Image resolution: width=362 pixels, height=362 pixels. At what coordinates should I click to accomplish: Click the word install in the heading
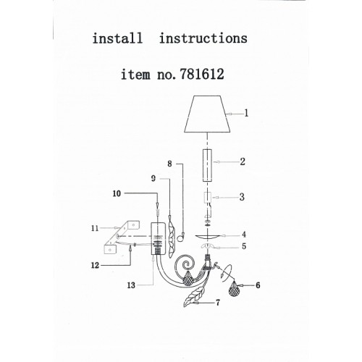point(117,38)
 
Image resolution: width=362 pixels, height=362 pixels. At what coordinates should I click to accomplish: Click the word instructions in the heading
point(203,38)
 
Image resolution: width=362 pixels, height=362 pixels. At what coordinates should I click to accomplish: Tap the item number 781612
point(202,74)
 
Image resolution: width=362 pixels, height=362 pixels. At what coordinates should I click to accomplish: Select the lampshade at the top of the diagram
point(207,114)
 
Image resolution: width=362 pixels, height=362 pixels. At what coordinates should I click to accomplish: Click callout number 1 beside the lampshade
point(246,113)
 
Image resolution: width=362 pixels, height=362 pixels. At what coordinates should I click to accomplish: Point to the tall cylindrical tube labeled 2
point(207,165)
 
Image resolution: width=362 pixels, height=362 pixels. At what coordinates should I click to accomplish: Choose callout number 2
point(243,161)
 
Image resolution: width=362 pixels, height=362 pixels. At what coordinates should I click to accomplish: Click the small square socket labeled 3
point(207,198)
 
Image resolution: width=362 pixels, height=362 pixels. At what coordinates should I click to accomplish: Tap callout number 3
point(242,197)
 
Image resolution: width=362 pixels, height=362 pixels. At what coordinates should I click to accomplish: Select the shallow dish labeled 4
point(207,237)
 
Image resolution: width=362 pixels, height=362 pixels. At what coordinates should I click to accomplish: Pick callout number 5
point(244,246)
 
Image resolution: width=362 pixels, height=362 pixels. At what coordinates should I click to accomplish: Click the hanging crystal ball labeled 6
point(234,289)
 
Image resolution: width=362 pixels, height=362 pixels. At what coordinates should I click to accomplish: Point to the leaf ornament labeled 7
point(193,297)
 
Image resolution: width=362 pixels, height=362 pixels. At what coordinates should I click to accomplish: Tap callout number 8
point(169,164)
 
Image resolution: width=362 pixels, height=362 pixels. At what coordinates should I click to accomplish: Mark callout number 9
point(153,179)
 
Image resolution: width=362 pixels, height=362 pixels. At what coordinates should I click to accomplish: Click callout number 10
point(117,193)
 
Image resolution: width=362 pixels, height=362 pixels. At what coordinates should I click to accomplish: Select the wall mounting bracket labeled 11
point(122,237)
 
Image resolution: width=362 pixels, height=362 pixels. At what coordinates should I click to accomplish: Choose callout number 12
point(95,266)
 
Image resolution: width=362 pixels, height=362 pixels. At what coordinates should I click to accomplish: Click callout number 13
point(131,285)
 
